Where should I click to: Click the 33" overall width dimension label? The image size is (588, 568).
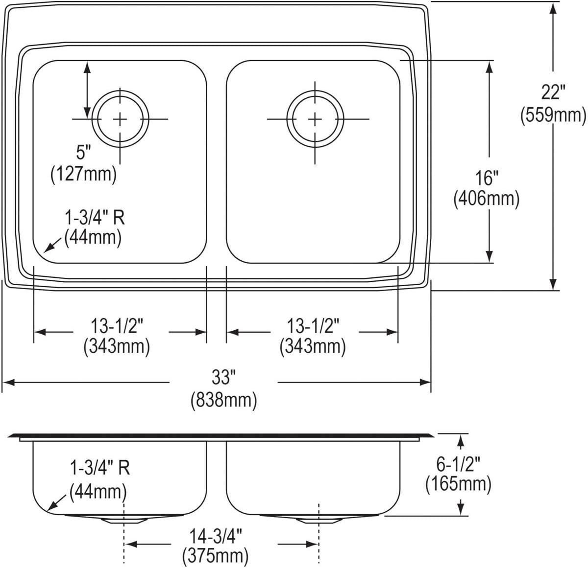(223, 377)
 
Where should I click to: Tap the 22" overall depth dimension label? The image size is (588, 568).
(553, 92)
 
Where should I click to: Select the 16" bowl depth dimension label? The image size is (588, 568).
(487, 178)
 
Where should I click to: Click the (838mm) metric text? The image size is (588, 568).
(223, 400)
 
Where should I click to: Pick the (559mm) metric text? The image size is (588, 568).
(553, 115)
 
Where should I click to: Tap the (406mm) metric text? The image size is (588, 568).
(487, 199)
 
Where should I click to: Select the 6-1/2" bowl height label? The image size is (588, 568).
(458, 464)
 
